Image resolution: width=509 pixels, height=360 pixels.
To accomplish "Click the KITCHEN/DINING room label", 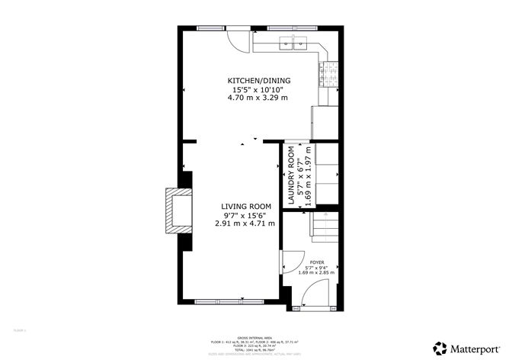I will pos(258,80).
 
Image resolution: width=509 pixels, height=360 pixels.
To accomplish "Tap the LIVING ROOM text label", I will pos(246,206).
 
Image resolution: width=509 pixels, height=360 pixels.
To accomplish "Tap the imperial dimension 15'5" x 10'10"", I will pos(258,90).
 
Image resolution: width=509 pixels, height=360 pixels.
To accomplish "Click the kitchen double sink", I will pos(296,44).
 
